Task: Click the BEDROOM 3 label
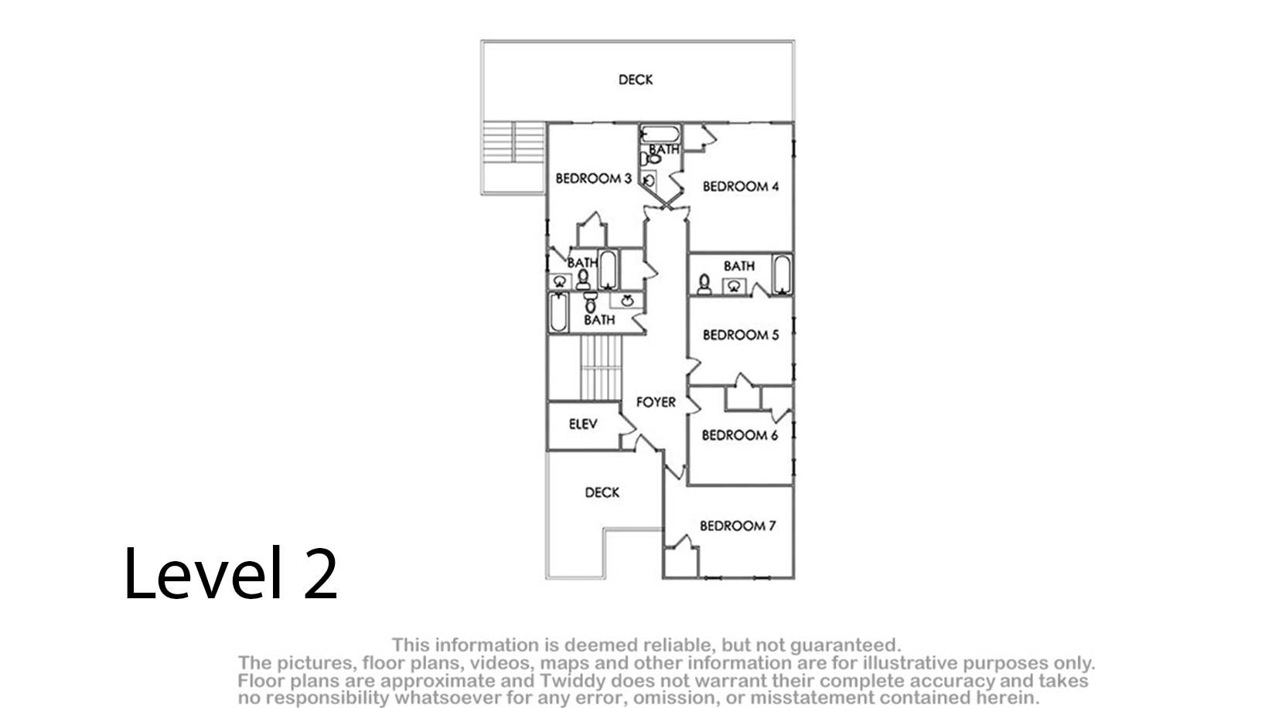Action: pos(593,179)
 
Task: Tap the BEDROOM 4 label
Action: pos(740,186)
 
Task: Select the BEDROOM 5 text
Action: pos(740,335)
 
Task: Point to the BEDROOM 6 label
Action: pos(740,435)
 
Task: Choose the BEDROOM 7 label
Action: pos(738,526)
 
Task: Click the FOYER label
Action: pos(656,402)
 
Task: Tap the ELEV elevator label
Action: pos(583,424)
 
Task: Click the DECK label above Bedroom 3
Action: pos(636,80)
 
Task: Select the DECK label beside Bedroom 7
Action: pos(602,493)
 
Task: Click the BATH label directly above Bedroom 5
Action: pos(739,266)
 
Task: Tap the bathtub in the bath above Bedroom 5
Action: pos(782,274)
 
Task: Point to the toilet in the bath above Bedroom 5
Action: pos(704,284)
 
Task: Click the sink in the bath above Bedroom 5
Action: pos(734,287)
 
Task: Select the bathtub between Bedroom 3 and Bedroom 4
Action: pos(660,134)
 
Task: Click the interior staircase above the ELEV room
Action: pos(601,368)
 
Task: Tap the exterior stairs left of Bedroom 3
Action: pos(513,142)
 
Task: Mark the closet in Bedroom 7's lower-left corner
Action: pos(681,562)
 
